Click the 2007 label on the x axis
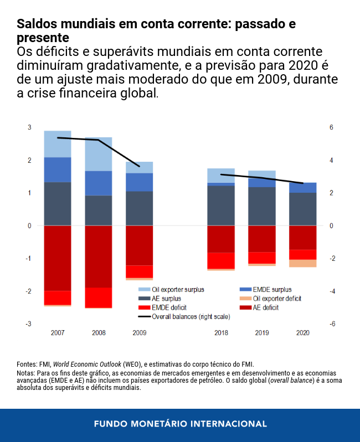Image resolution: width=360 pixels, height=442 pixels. (x=58, y=333)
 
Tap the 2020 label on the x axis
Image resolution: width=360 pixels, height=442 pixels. (x=302, y=333)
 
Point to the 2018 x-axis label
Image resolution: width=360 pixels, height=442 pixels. (x=221, y=333)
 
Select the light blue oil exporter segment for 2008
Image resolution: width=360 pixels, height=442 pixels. (x=99, y=154)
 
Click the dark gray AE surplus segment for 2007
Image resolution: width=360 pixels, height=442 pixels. (x=58, y=204)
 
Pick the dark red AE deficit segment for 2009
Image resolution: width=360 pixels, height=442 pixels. (x=139, y=245)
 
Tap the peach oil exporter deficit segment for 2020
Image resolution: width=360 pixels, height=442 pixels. (x=302, y=263)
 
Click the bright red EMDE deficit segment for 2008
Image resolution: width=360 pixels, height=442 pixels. (x=99, y=297)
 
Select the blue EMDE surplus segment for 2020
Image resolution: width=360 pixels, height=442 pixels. (x=302, y=187)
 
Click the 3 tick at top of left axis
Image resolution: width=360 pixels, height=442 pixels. (x=29, y=127)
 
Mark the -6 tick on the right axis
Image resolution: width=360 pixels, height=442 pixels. (x=331, y=324)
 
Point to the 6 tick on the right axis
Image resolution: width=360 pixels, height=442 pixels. (x=331, y=127)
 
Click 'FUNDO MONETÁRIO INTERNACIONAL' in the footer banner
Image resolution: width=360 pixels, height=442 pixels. (x=180, y=424)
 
